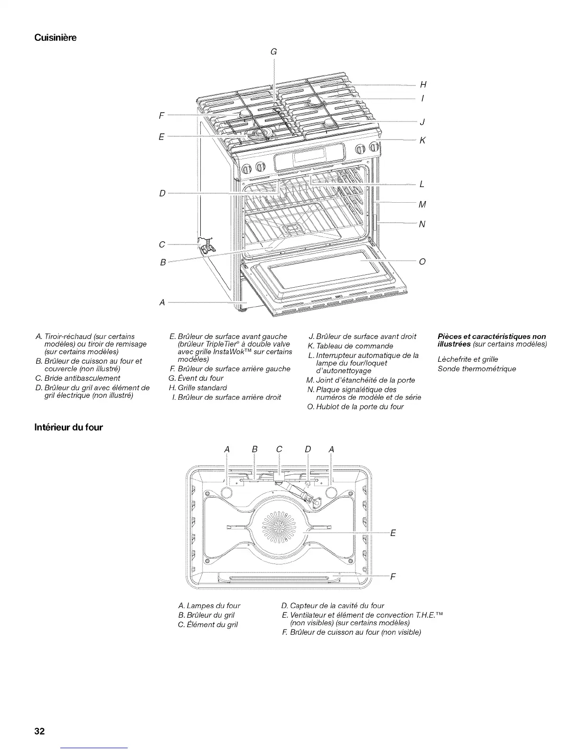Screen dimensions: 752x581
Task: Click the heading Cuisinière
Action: [x=56, y=37]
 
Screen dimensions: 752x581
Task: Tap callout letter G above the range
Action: [x=273, y=52]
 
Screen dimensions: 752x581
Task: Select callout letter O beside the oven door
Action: [x=422, y=261]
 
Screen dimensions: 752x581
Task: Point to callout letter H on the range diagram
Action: [x=423, y=85]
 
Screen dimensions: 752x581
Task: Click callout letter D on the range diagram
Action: [x=162, y=194]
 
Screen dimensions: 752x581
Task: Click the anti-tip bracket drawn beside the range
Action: [x=206, y=244]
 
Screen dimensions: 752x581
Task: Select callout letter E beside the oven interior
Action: [x=393, y=533]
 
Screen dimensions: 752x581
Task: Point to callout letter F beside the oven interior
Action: [x=393, y=577]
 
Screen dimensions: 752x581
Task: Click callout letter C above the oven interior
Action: [x=279, y=449]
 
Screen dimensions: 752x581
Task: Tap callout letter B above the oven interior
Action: [x=254, y=449]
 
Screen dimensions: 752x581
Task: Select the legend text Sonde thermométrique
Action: [x=477, y=369]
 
